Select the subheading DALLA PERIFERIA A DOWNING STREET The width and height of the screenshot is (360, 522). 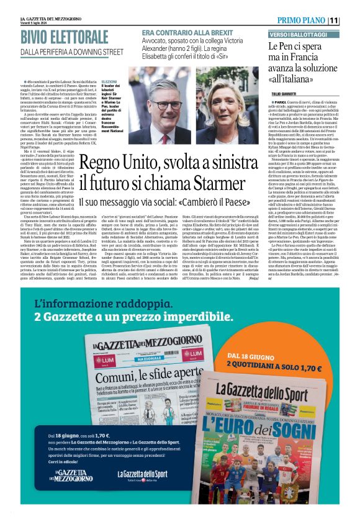point(72,52)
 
